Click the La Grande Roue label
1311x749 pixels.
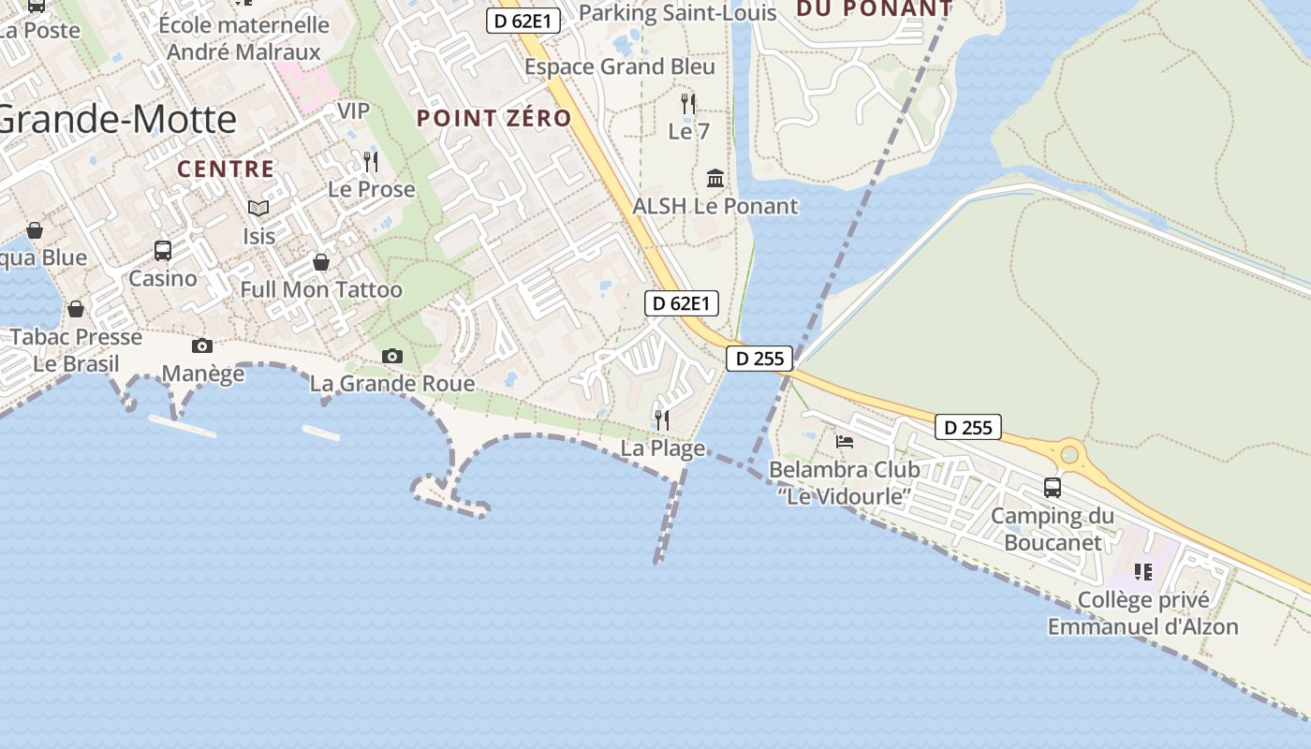[391, 384]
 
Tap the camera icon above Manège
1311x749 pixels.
[201, 346]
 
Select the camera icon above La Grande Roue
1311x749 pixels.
[391, 356]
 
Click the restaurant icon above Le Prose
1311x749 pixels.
[371, 161]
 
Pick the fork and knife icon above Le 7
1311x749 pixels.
[688, 103]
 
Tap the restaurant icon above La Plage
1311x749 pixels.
[662, 419]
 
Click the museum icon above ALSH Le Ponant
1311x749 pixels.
[715, 178]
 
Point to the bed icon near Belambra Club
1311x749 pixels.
[845, 441]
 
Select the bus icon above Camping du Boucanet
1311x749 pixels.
[1053, 488]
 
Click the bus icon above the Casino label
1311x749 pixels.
[163, 250]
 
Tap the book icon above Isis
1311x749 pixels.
[258, 208]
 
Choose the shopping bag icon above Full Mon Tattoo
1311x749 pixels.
[321, 262]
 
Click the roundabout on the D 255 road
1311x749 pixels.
[1068, 456]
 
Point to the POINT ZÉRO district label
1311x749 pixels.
[493, 119]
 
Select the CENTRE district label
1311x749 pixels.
[226, 169]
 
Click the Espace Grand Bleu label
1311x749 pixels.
[619, 66]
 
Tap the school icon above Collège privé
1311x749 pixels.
[1142, 571]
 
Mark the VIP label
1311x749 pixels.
[353, 110]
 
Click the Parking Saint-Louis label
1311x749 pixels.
[678, 12]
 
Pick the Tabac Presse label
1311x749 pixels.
[76, 337]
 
